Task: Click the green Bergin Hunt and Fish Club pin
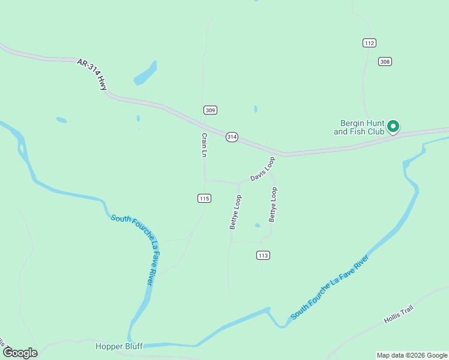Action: [x=393, y=127]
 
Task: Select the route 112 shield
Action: [x=369, y=43]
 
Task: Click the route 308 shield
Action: [x=385, y=61]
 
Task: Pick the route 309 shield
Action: [x=210, y=110]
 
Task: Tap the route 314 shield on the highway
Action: [x=232, y=137]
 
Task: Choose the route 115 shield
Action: [x=205, y=198]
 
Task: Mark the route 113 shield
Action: [x=262, y=255]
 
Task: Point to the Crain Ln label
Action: [x=204, y=145]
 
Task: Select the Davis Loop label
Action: [x=262, y=169]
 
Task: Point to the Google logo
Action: [x=20, y=353]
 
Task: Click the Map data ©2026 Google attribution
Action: [x=412, y=355]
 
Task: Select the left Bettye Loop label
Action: [x=235, y=212]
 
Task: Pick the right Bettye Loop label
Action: [x=273, y=205]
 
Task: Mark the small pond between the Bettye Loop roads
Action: [x=258, y=226]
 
